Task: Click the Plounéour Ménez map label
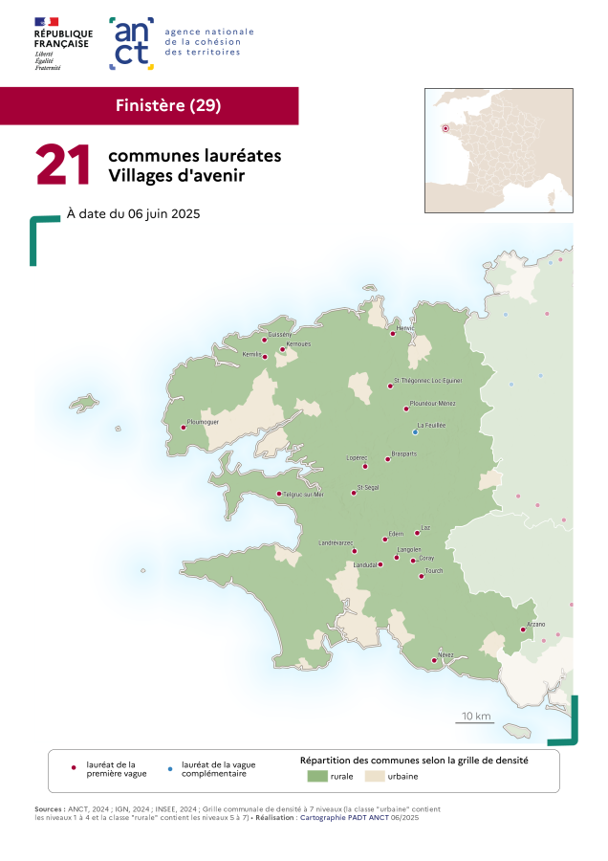[432, 403]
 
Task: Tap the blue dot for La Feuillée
[415, 431]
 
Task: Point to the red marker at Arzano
[523, 629]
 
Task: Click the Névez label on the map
[445, 654]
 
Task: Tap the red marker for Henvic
[393, 334]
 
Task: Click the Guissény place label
[280, 334]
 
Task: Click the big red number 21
[63, 165]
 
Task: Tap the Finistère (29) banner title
[168, 105]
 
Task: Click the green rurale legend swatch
[317, 776]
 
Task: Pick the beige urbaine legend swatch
[374, 776]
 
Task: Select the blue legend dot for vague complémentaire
[169, 768]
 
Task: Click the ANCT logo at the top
[132, 43]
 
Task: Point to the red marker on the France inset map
[445, 128]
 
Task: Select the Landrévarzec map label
[337, 543]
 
